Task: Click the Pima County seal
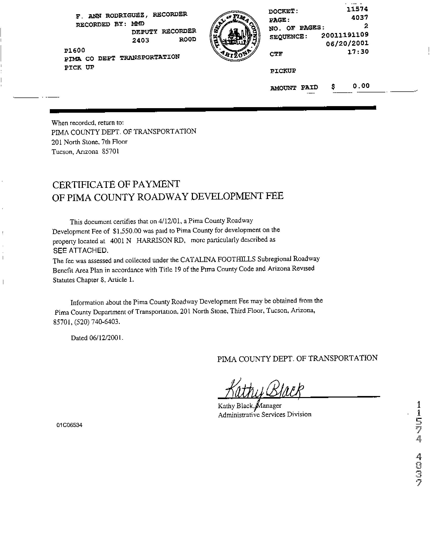(x=235, y=37)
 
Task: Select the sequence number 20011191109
(x=345, y=35)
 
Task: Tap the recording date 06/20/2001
(x=347, y=43)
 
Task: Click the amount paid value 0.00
(x=361, y=86)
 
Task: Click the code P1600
(x=74, y=50)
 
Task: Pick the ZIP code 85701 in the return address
(x=111, y=152)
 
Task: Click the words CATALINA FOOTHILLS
(x=218, y=259)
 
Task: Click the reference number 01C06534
(x=70, y=425)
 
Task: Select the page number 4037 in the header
(x=360, y=17)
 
